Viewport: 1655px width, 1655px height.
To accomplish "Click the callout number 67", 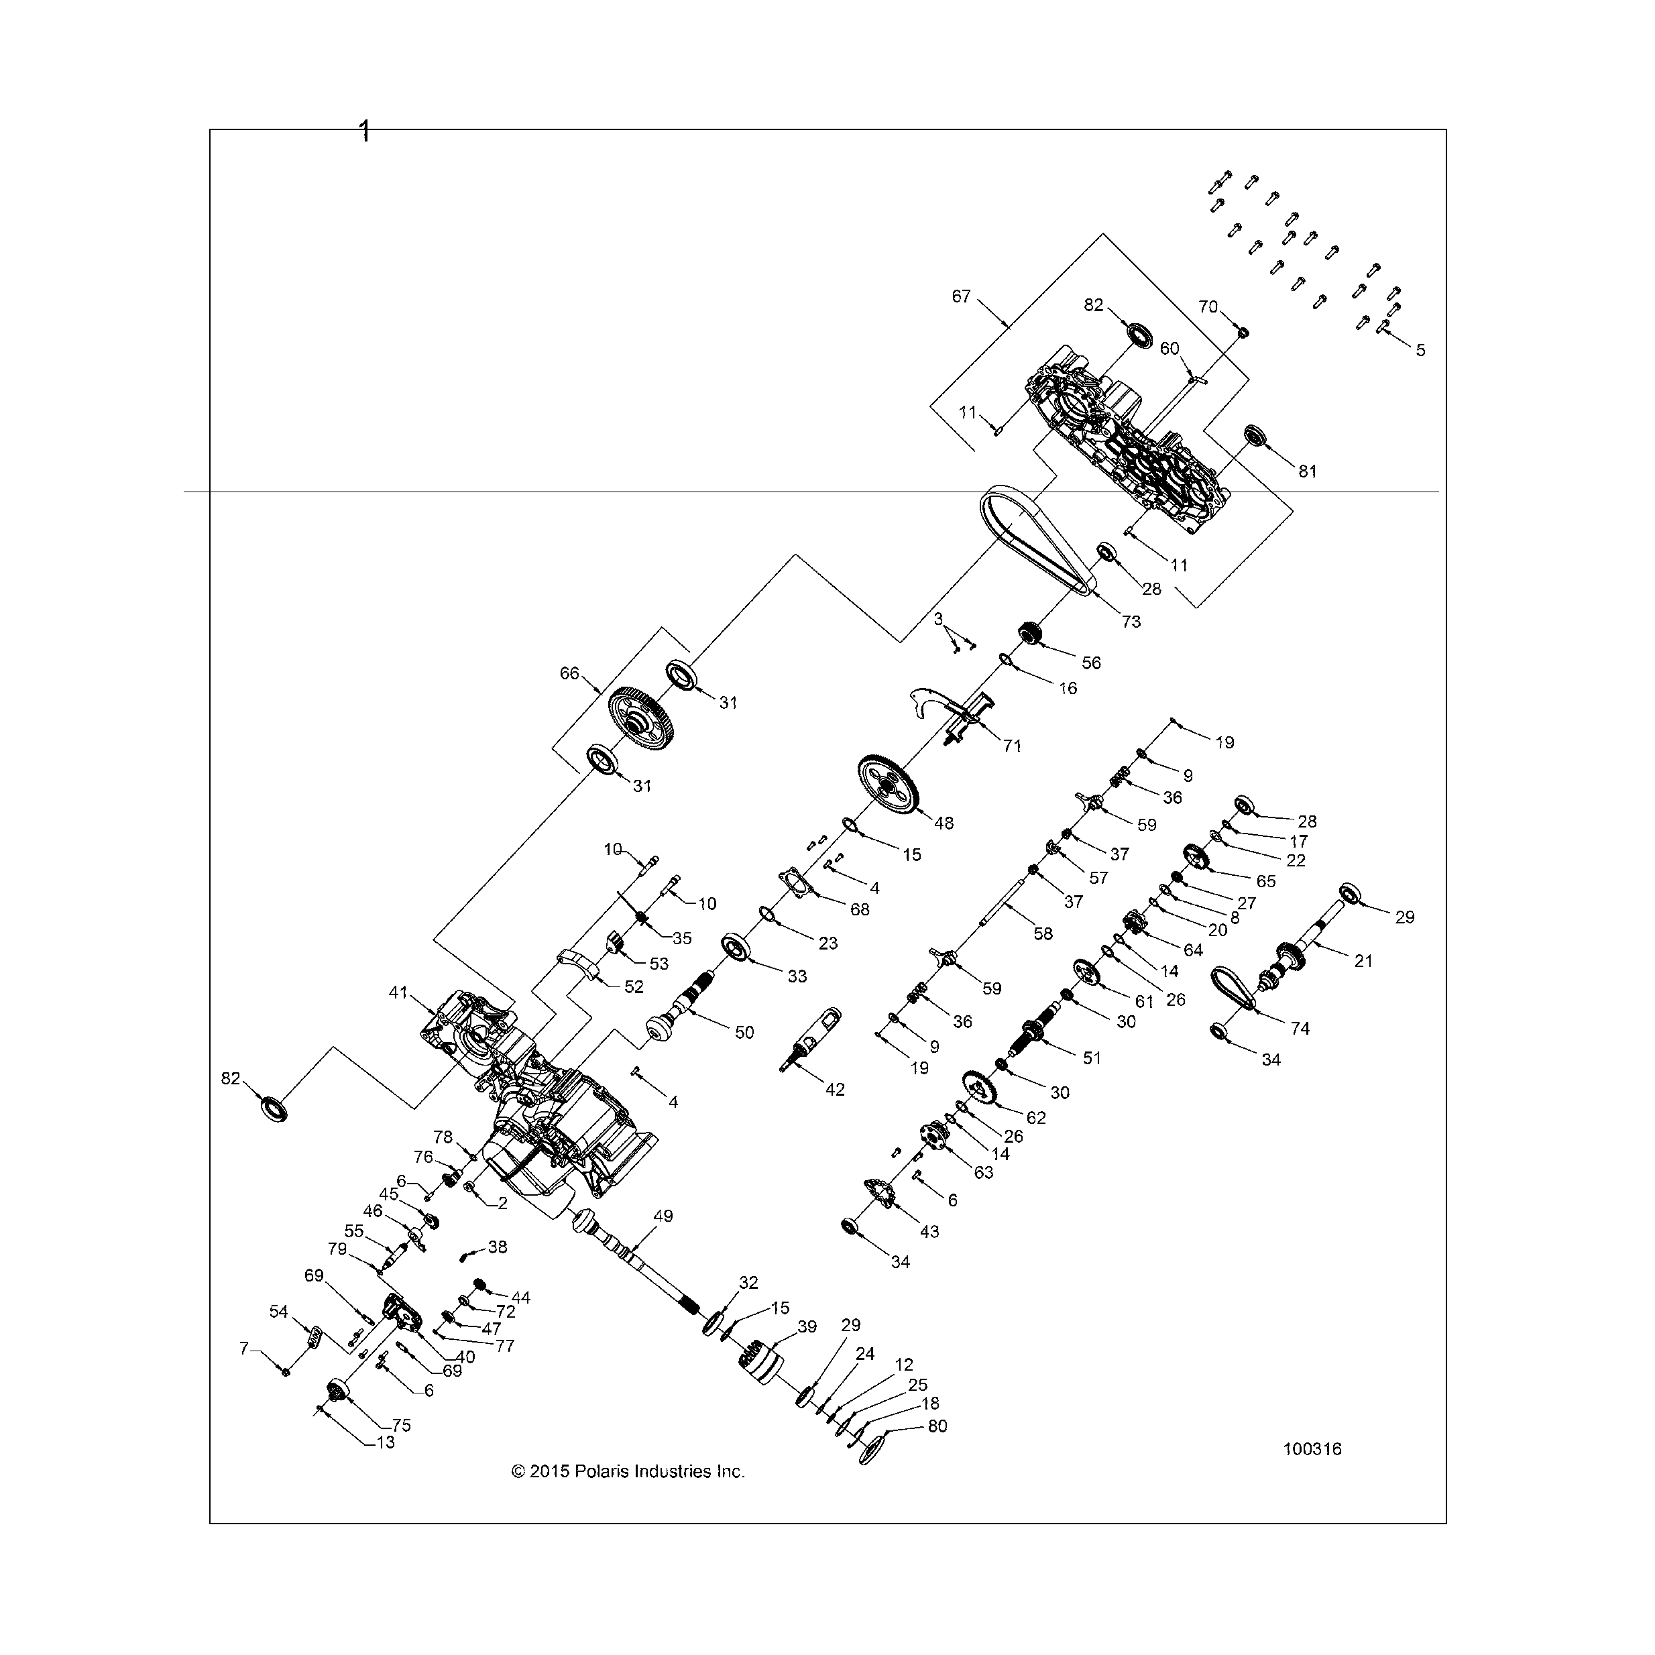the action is [961, 296].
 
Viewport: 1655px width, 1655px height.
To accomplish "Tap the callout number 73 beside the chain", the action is [1131, 622].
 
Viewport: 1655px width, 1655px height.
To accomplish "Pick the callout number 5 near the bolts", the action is [1420, 350].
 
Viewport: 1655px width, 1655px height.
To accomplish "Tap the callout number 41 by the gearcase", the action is [398, 993].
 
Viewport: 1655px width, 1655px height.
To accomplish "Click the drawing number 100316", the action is [1312, 1450].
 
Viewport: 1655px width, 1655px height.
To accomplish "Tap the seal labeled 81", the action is [1256, 435].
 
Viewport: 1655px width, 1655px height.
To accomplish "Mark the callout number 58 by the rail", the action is [1043, 933].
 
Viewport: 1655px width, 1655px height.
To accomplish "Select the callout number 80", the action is [938, 1426].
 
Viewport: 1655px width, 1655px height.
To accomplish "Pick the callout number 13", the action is [386, 1442].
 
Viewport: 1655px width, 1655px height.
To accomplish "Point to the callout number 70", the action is [1208, 306].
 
